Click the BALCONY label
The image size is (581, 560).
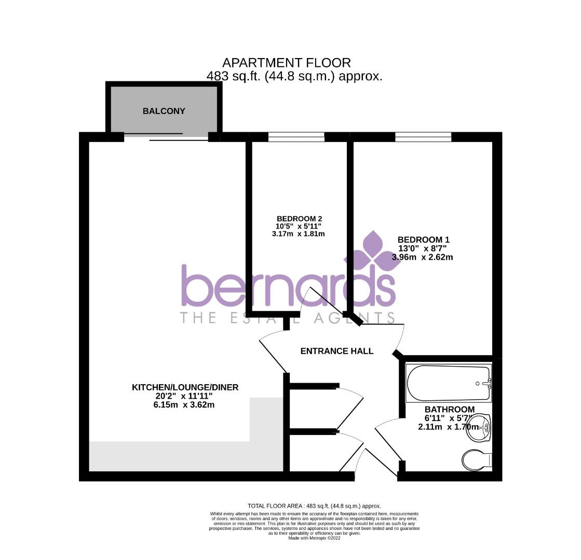164,111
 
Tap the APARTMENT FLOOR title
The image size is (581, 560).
287,63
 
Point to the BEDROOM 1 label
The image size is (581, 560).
423,240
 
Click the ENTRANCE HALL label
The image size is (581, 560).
336,351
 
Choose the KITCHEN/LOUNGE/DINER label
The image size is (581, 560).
185,387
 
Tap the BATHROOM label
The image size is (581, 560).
449,409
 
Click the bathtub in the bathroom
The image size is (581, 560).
448,383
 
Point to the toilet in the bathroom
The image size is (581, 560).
477,459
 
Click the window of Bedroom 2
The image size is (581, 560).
296,137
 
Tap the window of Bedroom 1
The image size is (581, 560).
423,137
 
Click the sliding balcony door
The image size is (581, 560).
166,137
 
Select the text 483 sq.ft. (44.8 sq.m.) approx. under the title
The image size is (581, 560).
294,76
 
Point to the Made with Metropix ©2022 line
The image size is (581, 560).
314,538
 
